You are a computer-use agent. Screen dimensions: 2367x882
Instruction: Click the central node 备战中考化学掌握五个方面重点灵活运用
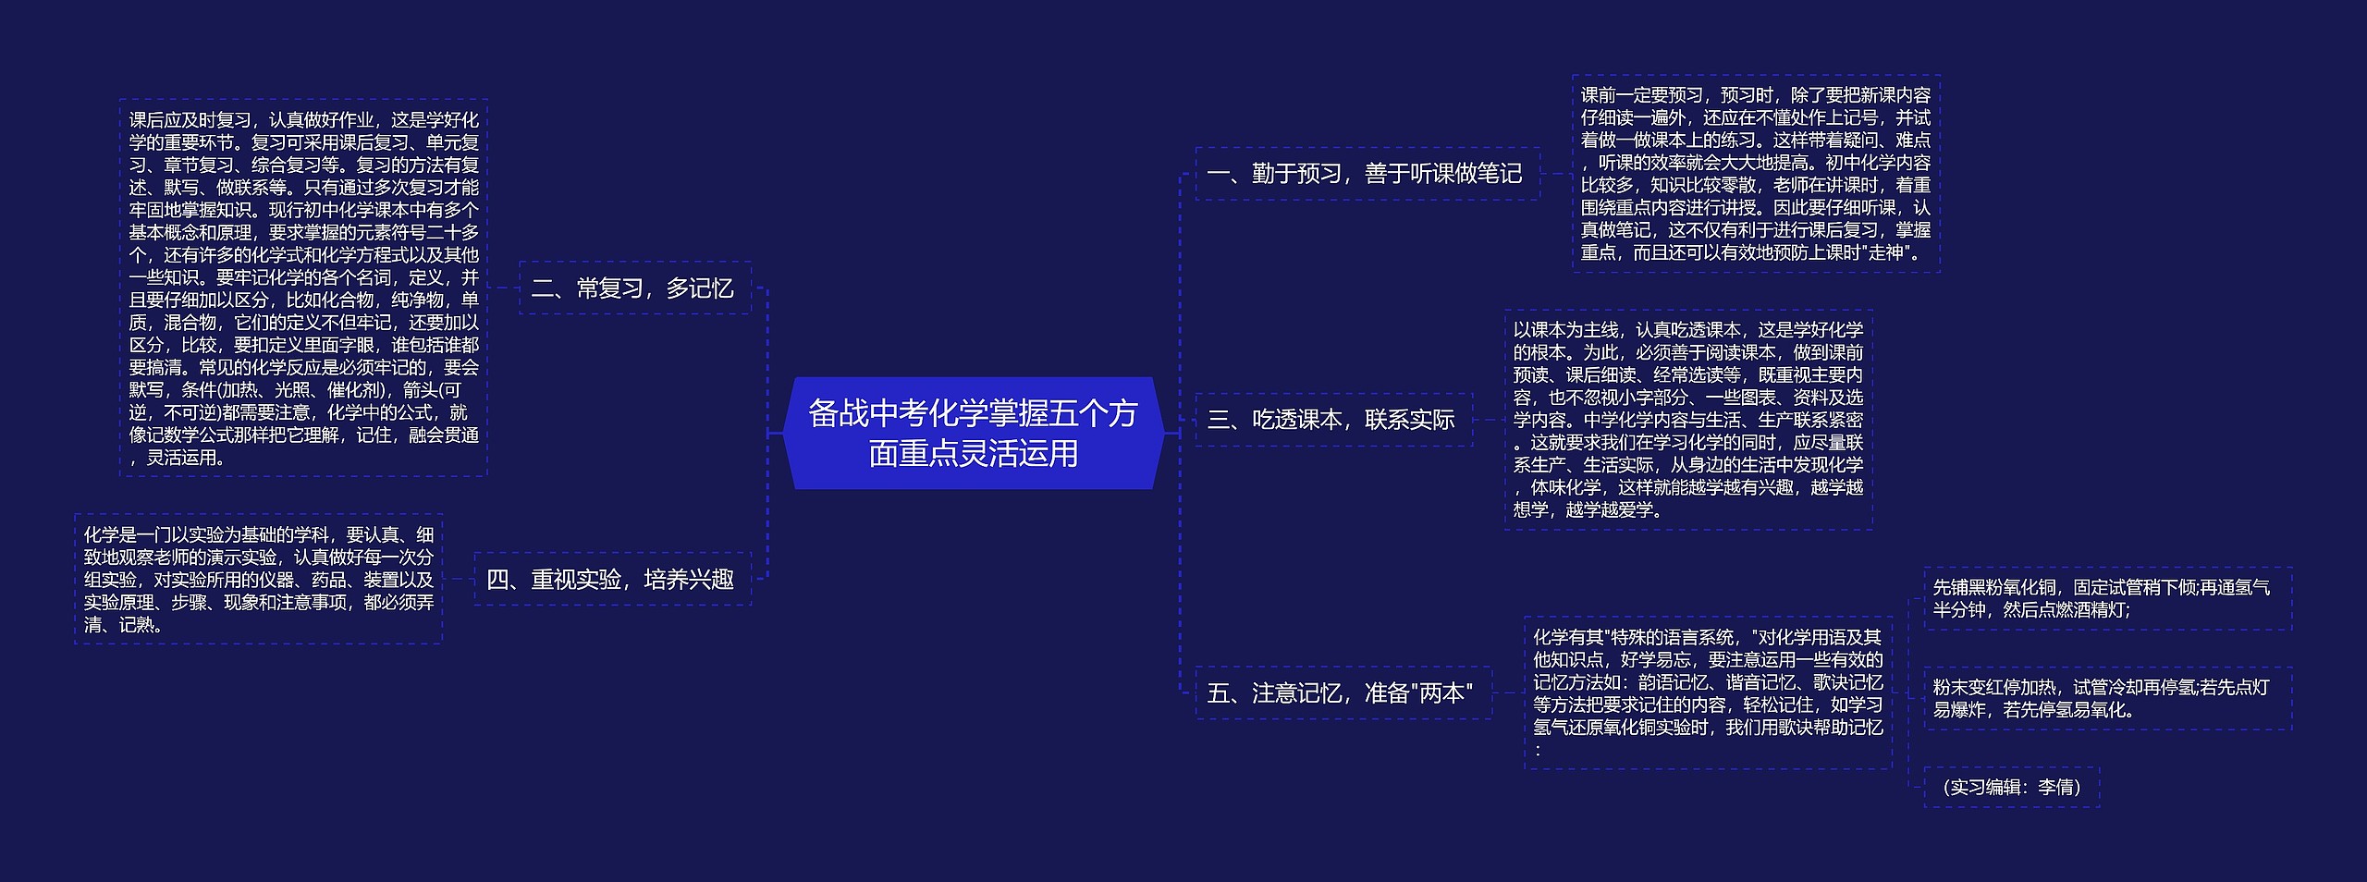tap(973, 433)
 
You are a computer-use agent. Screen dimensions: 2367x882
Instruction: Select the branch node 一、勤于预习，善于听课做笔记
tap(1367, 174)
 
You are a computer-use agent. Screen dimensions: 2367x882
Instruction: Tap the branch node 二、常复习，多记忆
tap(633, 288)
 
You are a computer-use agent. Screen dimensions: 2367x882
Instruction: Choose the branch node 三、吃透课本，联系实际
tap(1332, 420)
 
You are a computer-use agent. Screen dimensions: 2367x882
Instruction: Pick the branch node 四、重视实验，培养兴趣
tap(611, 580)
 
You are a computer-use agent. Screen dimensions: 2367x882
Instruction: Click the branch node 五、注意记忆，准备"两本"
tap(1342, 693)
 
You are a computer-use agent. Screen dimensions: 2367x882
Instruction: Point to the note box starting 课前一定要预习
tap(1755, 173)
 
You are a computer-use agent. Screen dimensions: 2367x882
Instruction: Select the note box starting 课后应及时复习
tap(303, 288)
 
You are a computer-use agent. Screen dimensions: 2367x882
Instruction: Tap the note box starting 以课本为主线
tap(1687, 419)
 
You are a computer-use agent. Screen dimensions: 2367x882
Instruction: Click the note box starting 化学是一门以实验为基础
tap(258, 579)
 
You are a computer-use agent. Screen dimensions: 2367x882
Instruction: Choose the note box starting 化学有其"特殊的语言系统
tap(1707, 692)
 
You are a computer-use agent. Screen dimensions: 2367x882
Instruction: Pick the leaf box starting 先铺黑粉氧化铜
tap(2106, 598)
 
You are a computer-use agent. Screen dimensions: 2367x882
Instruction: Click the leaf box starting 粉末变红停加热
tap(2106, 698)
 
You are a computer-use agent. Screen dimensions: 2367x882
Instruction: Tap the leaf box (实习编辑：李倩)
tap(2011, 787)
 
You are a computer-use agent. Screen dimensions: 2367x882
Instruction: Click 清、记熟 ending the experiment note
tap(124, 625)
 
